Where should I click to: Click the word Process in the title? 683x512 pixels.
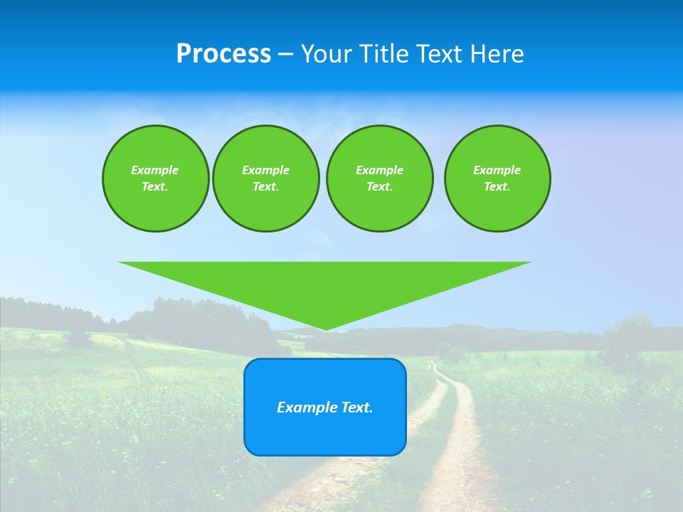pyautogui.click(x=223, y=54)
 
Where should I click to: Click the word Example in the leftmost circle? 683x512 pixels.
pyautogui.click(x=155, y=170)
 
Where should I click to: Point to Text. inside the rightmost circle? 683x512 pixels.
pyautogui.click(x=497, y=186)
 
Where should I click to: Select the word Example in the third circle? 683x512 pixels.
pyautogui.click(x=379, y=170)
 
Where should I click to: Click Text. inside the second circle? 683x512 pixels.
pyautogui.click(x=265, y=186)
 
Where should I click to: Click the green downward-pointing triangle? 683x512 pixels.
pyautogui.click(x=325, y=284)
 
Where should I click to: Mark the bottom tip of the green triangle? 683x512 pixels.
pyautogui.click(x=325, y=329)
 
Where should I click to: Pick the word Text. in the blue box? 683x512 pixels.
pyautogui.click(x=357, y=407)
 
